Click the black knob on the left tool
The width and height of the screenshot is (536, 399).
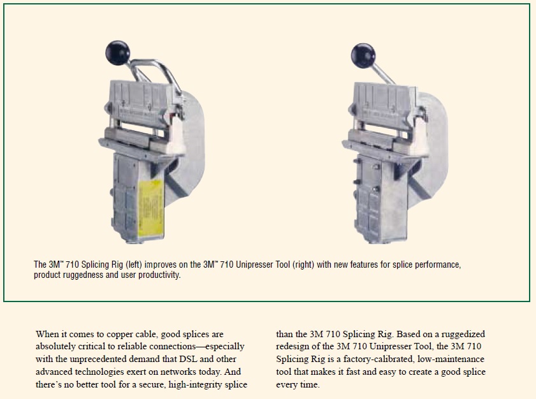click(x=118, y=53)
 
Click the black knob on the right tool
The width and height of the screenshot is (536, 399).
click(x=363, y=55)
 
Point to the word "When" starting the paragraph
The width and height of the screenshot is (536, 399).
click(x=47, y=334)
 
